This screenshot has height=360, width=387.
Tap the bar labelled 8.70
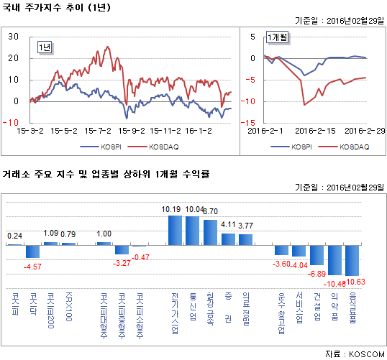click(x=210, y=232)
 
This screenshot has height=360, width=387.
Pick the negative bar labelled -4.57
click(x=32, y=251)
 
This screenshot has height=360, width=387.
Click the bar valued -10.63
click(x=352, y=261)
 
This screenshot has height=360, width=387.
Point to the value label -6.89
click(x=317, y=274)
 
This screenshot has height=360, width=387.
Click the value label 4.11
click(x=228, y=225)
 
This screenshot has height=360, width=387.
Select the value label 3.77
click(x=245, y=226)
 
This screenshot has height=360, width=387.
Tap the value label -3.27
click(x=122, y=262)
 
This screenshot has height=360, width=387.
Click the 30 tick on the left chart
click(x=14, y=36)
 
